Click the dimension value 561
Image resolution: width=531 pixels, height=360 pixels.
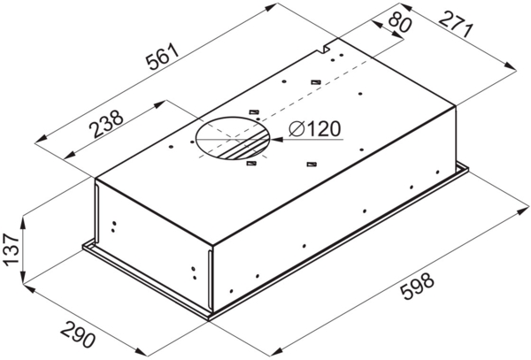tap(162, 57)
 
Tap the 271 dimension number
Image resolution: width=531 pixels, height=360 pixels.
tap(456, 25)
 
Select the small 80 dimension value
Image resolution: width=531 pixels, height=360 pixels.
tap(400, 21)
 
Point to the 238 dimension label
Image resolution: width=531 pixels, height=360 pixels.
tap(105, 124)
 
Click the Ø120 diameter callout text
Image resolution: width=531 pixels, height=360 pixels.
tap(314, 129)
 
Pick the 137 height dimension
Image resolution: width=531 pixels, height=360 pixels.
tap(11, 250)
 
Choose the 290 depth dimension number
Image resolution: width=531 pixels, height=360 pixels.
tap(78, 335)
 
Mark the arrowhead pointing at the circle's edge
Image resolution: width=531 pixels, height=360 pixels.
tap(276, 140)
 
